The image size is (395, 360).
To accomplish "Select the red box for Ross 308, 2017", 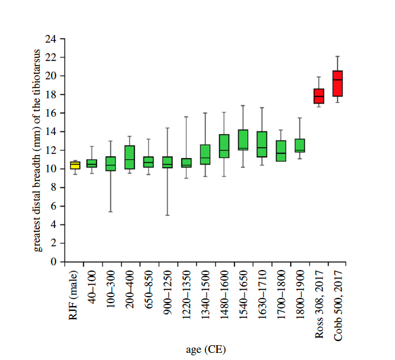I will coord(319,96).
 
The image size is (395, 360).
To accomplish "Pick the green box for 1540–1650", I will coord(243,140).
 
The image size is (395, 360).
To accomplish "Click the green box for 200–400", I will coord(130,157).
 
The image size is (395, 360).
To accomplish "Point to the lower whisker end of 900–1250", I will coord(168,215).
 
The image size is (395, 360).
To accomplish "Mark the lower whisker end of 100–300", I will coord(111,211).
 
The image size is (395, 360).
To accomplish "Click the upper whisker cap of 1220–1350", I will coord(187,117).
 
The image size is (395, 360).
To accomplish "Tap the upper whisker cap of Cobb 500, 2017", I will coord(338,56).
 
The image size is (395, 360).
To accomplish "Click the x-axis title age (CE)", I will coord(206,350).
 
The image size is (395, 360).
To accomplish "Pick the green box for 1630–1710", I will coord(262,144).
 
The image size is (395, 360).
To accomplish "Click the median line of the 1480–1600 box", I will coord(224,150).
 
